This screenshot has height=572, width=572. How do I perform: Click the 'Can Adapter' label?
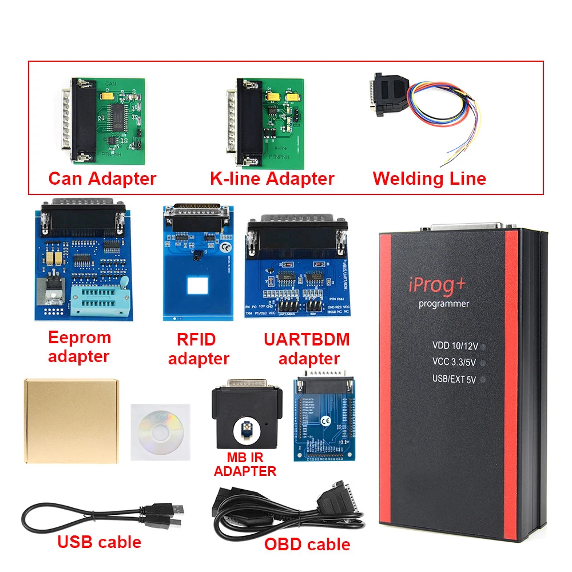pyautogui.click(x=102, y=178)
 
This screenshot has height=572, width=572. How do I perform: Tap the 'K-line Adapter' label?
pyautogui.click(x=272, y=178)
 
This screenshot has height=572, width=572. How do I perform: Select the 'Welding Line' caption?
pyautogui.click(x=429, y=178)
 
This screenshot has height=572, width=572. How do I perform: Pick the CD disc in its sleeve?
pyautogui.click(x=160, y=432)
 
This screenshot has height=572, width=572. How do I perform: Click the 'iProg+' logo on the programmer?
pyautogui.click(x=437, y=283)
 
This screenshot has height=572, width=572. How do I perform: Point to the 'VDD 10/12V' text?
pyautogui.click(x=455, y=345)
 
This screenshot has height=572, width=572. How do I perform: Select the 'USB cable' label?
pyautogui.click(x=99, y=541)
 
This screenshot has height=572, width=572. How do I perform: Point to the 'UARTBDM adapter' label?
pyautogui.click(x=307, y=349)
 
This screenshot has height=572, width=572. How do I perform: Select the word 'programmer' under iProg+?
pyautogui.click(x=443, y=304)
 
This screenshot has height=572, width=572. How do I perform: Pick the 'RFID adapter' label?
pyautogui.click(x=198, y=349)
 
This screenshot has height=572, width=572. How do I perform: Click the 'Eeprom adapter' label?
pyautogui.click(x=79, y=347)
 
